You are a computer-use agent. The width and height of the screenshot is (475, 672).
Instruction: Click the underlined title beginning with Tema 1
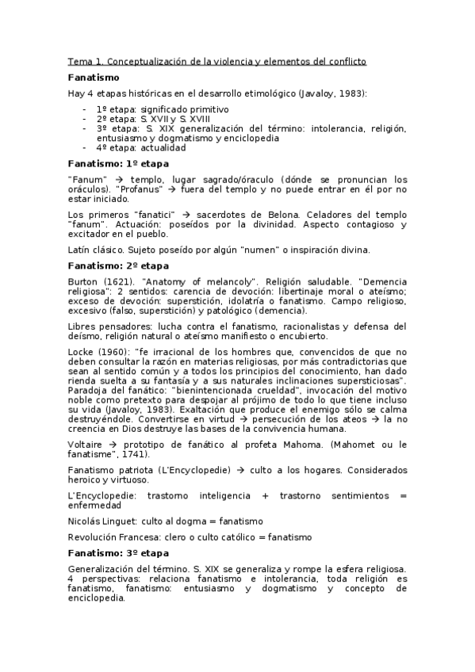[216, 62]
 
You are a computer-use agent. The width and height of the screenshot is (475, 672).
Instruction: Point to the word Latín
[80, 250]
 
